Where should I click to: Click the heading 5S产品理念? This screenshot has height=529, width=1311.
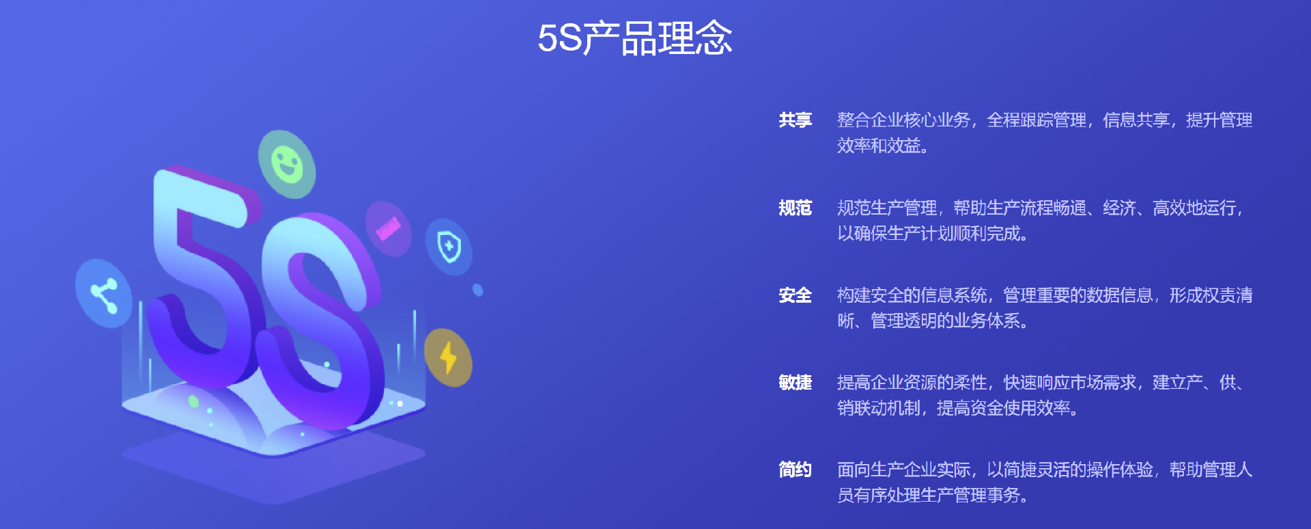coord(634,38)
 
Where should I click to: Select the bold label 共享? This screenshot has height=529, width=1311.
coord(795,120)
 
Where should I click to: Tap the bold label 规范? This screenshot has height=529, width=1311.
coord(795,208)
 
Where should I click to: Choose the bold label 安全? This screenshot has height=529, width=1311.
coord(795,295)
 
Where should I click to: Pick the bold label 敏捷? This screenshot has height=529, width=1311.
coord(795,383)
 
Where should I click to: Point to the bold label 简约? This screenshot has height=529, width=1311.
coord(795,470)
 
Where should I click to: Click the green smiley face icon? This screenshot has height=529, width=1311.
coord(287,165)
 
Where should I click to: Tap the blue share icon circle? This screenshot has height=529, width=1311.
coord(104,294)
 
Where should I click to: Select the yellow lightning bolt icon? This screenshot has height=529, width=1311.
coord(448,357)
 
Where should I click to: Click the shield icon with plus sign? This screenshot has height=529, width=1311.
coord(449,247)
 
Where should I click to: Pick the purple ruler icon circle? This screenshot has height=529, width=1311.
coord(388,228)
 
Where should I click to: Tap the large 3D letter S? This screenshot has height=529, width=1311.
coord(321,321)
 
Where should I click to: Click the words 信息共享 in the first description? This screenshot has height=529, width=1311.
coord(1136,120)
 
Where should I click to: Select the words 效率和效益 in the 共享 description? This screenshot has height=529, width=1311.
coord(879,146)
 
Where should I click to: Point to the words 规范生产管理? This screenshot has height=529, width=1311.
coord(887,208)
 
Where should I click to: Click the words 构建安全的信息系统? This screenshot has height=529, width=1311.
coord(912,295)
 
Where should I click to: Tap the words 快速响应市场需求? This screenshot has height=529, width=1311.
coord(1069,383)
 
